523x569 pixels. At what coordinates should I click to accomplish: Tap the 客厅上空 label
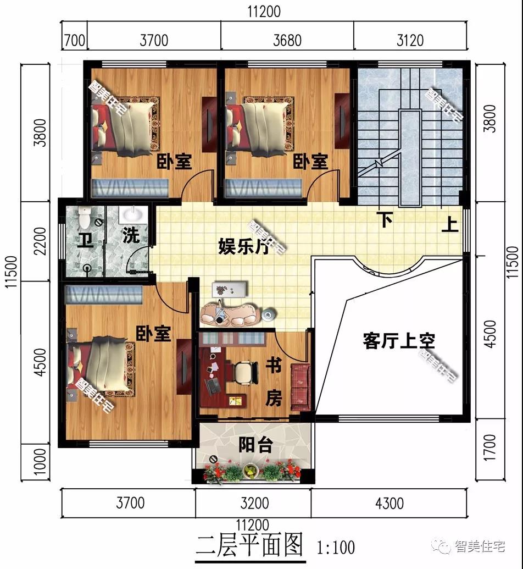tap(399, 341)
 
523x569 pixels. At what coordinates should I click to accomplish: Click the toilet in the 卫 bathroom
tap(84, 218)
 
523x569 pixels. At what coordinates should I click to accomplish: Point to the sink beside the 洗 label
tap(130, 214)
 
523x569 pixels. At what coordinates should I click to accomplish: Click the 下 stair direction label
tap(386, 220)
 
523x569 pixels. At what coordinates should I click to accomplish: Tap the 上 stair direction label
tap(450, 225)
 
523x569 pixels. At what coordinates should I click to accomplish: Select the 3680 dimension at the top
tap(286, 40)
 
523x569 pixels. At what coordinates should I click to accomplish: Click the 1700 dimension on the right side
tap(490, 447)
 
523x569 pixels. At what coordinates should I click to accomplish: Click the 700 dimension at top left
tap(74, 40)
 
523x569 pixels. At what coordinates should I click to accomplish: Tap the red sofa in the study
tap(301, 387)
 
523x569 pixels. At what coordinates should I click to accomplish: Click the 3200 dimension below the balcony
tap(254, 503)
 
